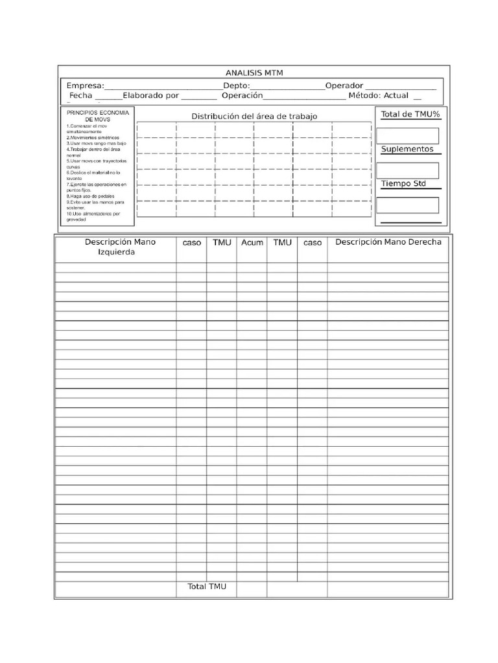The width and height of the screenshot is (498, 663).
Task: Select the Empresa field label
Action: (x=85, y=86)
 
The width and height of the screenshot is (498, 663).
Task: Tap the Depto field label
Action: (x=236, y=86)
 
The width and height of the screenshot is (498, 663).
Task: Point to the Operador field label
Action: (x=344, y=86)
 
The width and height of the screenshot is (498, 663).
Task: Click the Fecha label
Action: (x=81, y=96)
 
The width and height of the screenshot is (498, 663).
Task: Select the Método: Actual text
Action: (x=378, y=96)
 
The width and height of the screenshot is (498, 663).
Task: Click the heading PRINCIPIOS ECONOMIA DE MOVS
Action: (x=98, y=116)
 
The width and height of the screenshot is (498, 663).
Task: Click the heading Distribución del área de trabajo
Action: (x=254, y=116)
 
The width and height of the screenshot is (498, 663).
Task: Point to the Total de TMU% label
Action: (x=410, y=115)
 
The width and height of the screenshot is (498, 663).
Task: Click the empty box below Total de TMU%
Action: (x=408, y=135)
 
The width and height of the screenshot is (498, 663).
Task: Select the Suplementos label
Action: (x=407, y=150)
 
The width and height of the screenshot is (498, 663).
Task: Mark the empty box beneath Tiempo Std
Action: (x=408, y=205)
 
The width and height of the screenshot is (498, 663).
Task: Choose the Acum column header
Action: (x=252, y=243)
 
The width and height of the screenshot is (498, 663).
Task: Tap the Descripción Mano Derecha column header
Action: (x=388, y=242)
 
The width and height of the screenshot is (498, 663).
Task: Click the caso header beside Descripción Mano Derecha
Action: (x=313, y=243)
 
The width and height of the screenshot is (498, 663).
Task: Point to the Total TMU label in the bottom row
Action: (x=207, y=587)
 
